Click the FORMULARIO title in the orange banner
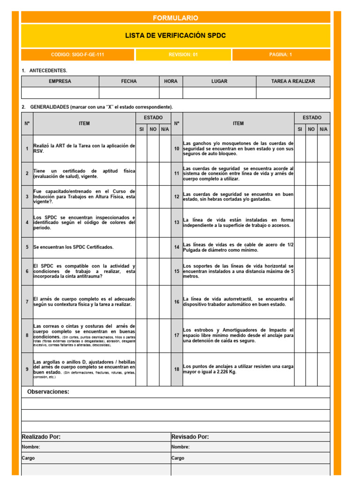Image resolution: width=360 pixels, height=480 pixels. coord(176,18)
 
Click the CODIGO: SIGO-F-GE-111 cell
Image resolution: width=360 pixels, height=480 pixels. coord(77,55)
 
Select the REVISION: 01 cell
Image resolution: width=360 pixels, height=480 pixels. coord(183,55)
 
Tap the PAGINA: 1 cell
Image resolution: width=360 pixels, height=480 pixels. coord(280,55)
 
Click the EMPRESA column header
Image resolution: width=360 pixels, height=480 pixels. coord(60,82)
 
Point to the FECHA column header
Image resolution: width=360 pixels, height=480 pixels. coord(129,82)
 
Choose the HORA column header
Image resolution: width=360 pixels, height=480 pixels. coord(171,82)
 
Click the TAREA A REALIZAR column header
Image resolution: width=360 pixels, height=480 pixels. coord(293,82)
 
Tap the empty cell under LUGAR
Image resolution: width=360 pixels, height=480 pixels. coord(219,93)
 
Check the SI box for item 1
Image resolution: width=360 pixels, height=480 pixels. coord(142,149)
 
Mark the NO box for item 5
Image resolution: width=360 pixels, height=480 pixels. coord(153,247)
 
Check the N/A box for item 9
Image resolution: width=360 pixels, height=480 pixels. coord(165,369)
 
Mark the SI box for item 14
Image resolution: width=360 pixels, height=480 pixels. coord(300,247)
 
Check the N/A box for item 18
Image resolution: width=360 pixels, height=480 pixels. coord(324,369)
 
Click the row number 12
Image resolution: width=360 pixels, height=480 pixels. coord(177,197)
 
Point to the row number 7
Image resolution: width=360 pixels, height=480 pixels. coord(27,302)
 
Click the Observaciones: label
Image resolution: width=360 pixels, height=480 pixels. coord(48,392)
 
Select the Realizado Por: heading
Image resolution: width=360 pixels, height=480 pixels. coord(41,437)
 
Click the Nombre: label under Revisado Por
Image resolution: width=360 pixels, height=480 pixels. coord(180,447)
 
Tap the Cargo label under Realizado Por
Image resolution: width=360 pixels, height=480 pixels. coord(28,458)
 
